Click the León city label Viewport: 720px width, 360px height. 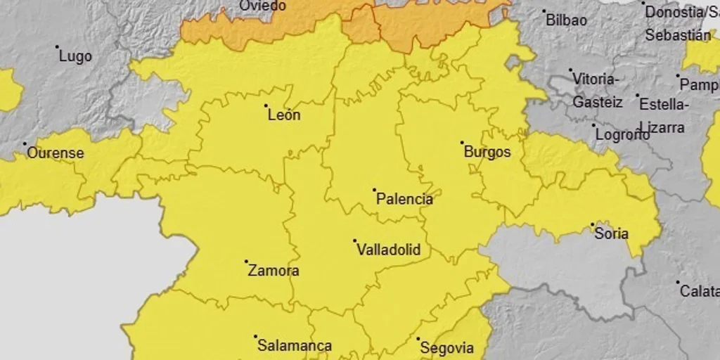[284, 115]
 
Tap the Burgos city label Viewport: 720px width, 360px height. [487, 152]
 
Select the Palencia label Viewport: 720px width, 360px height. [404, 199]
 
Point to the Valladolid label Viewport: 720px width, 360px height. [388, 250]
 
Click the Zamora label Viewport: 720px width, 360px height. [274, 271]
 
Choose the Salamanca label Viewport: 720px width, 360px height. [294, 345]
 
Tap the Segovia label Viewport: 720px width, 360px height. [446, 347]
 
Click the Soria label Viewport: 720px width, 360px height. [611, 233]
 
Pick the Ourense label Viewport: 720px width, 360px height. [55, 153]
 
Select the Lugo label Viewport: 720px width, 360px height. [75, 56]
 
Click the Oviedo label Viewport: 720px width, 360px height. [262, 6]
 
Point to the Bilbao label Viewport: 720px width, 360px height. [566, 20]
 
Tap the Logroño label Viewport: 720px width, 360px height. [622, 135]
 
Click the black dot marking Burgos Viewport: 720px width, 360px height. [463, 143]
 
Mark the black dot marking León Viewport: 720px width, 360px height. [266, 106]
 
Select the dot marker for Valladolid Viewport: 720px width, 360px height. [355, 240]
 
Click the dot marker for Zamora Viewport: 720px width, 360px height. [246, 262]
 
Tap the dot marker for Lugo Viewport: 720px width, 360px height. [57, 47]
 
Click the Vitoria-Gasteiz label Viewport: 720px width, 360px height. [597, 90]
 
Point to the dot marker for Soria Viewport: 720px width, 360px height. [592, 224]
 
